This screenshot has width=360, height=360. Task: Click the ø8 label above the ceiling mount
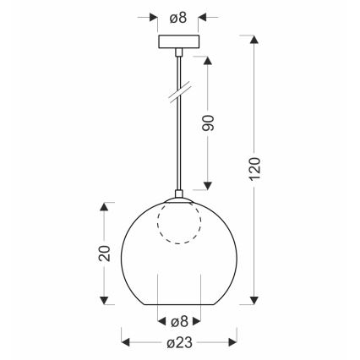(x=178, y=15)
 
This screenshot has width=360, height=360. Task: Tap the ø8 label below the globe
(x=178, y=320)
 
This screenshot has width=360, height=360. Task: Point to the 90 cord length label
(x=210, y=122)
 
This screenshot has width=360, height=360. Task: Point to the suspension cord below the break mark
(x=178, y=144)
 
